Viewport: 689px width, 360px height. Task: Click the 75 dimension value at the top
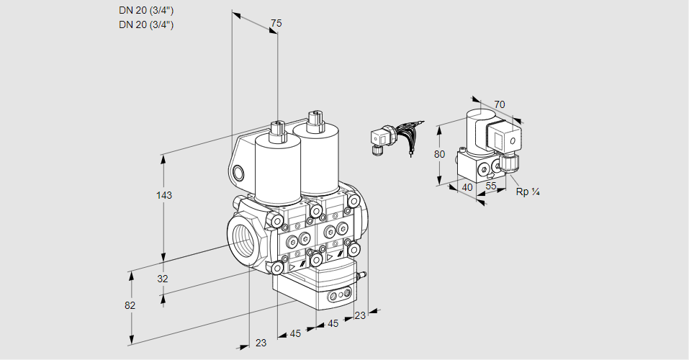276,24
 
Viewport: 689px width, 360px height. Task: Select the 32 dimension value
163,279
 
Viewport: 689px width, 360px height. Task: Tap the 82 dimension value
130,305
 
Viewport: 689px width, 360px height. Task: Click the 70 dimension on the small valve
500,105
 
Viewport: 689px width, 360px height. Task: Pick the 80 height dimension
440,154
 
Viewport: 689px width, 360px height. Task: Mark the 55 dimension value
492,186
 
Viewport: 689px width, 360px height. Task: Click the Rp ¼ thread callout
528,192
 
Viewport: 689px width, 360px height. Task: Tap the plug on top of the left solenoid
276,131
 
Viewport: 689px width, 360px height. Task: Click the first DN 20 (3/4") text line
146,11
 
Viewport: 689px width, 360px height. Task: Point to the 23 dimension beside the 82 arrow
261,343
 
